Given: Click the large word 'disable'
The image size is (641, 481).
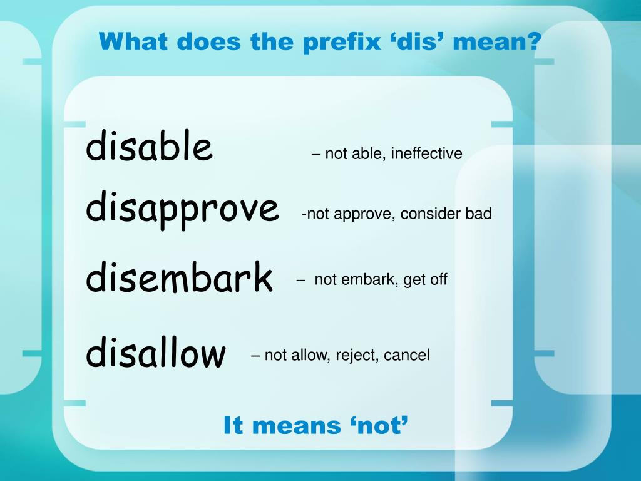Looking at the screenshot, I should tap(149, 147).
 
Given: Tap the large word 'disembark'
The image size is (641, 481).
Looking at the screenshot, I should tap(179, 277).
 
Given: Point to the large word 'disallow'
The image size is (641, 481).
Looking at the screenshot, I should tap(155, 353).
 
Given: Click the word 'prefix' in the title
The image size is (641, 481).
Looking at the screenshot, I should tap(337, 43).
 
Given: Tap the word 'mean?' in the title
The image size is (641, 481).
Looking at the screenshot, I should tap(498, 43).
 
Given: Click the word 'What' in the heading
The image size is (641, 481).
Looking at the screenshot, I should tap(133, 43).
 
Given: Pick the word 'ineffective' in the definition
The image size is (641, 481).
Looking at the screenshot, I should tap(426, 153).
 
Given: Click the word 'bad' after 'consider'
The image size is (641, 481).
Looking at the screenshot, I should tap(478, 214).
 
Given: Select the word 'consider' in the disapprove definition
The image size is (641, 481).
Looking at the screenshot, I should tap(431, 214).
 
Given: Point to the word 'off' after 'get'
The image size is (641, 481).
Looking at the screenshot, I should tap(438, 279).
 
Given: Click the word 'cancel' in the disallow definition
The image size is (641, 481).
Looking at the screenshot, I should tap(406, 356).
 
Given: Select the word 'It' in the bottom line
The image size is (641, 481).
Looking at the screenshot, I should tap(233, 426).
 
